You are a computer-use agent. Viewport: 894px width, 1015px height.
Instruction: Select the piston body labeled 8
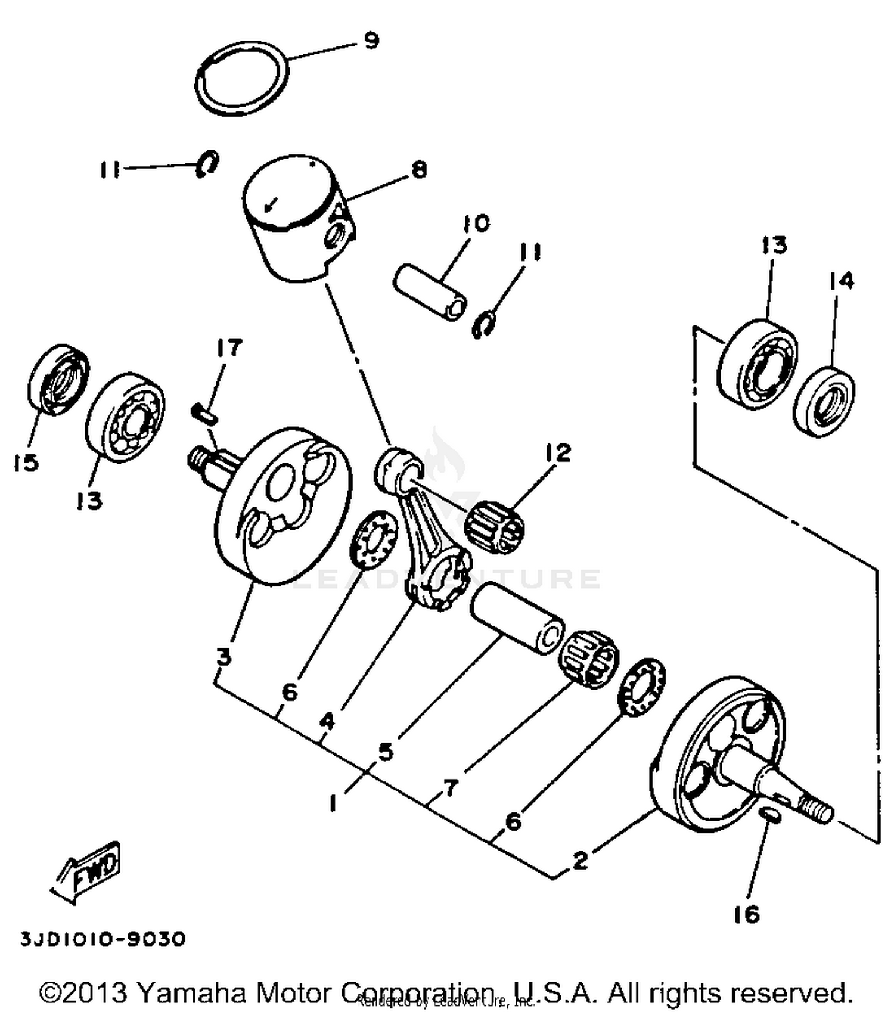click(x=292, y=238)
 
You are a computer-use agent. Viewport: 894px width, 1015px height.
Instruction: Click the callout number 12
click(x=557, y=453)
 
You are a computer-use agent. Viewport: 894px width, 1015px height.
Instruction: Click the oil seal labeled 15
click(x=58, y=380)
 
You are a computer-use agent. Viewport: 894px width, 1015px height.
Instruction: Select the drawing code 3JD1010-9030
click(x=103, y=939)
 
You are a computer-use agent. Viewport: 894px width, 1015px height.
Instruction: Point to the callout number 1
click(x=333, y=803)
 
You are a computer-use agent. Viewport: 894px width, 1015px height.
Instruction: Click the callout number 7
click(x=451, y=788)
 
